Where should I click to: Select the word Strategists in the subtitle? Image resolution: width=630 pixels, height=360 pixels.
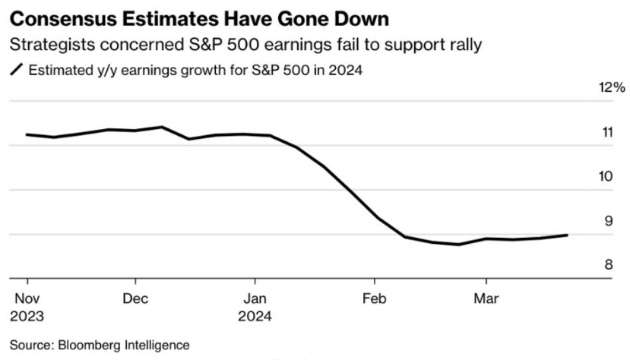pyautogui.click(x=50, y=44)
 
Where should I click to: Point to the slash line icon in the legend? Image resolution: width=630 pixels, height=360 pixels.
pyautogui.click(x=16, y=71)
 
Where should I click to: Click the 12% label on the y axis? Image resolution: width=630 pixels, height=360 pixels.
pyautogui.click(x=612, y=88)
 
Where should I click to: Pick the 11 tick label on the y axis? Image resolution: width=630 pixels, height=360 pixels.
pyautogui.click(x=607, y=133)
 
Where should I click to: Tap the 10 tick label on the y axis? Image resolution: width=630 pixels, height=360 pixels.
pyautogui.click(x=607, y=177)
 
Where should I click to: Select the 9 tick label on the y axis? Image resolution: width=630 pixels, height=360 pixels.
pyautogui.click(x=607, y=222)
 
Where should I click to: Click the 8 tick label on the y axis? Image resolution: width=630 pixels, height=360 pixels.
pyautogui.click(x=607, y=265)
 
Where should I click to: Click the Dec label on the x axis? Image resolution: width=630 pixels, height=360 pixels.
pyautogui.click(x=135, y=298)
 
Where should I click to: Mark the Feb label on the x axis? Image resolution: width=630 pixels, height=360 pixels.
pyautogui.click(x=375, y=298)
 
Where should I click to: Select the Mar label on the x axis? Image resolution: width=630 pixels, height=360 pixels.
pyautogui.click(x=486, y=298)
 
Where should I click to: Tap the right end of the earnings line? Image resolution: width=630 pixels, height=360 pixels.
pyautogui.click(x=566, y=235)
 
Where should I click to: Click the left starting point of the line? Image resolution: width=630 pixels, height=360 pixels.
pyautogui.click(x=27, y=134)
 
